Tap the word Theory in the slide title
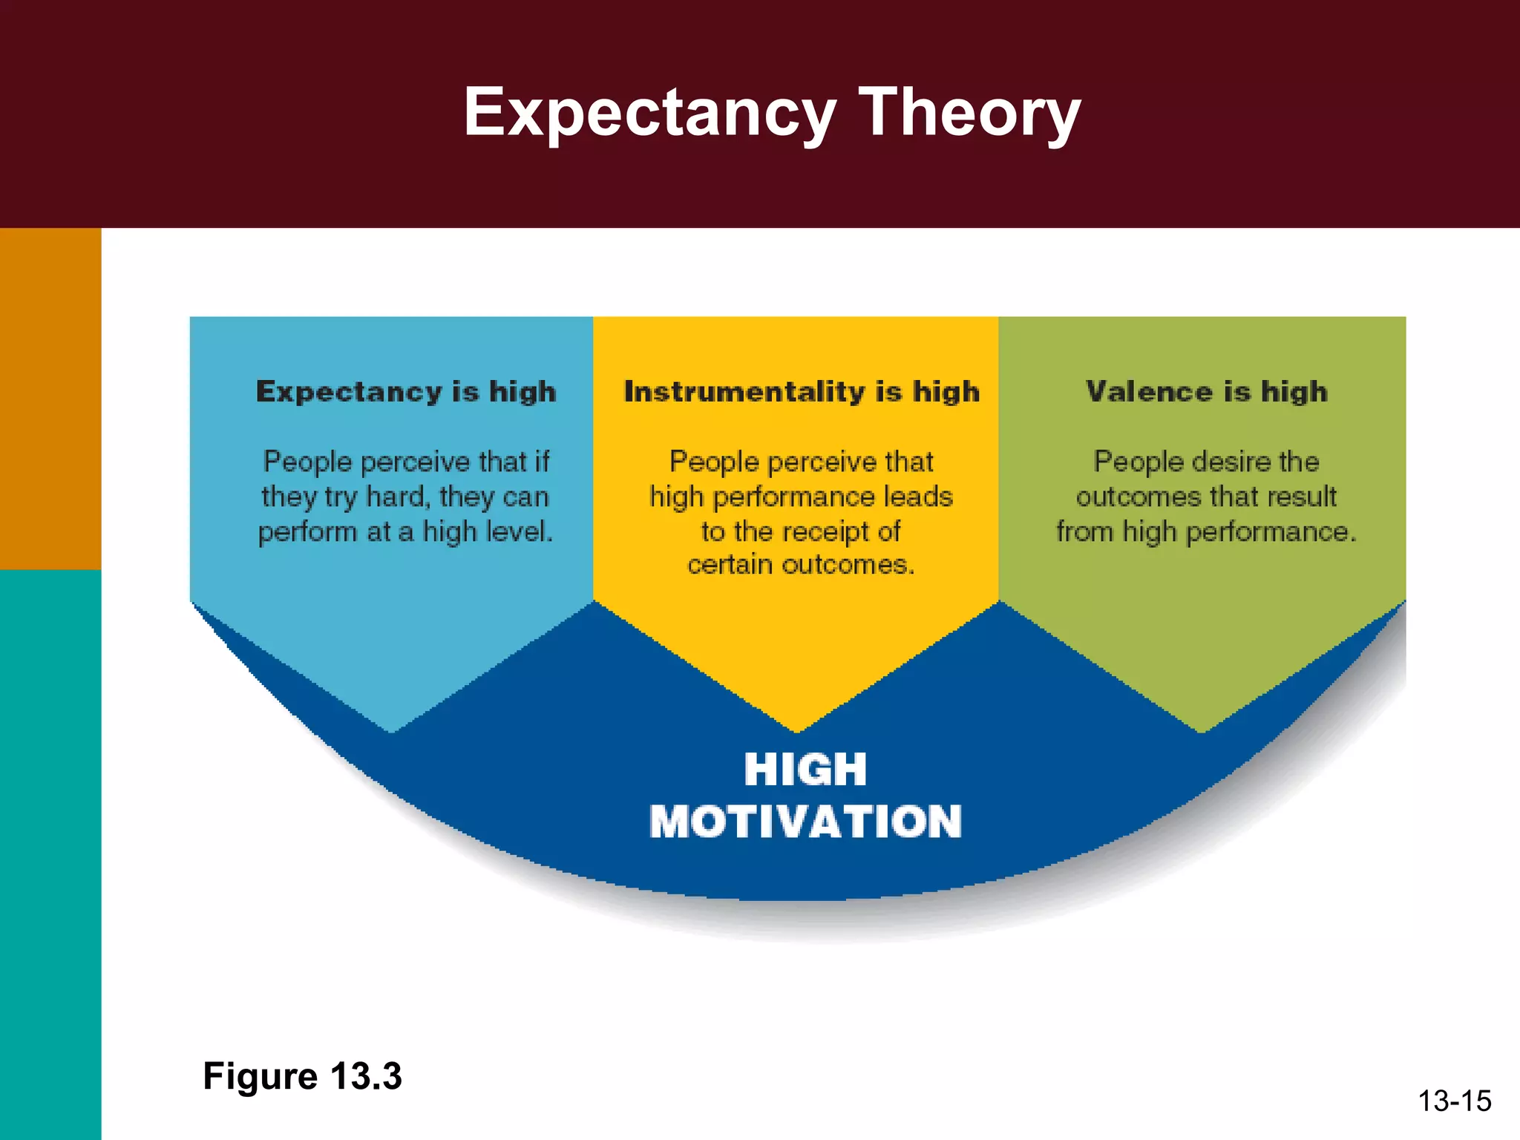tap(969, 113)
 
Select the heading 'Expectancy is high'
tap(406, 391)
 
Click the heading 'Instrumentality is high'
tap(802, 391)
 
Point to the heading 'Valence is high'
tap(1206, 391)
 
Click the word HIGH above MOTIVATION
tap(805, 769)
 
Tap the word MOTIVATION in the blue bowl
tap(805, 822)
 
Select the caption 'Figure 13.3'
tap(302, 1075)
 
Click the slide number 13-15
tap(1454, 1101)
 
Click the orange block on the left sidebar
tap(50, 399)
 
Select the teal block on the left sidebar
tap(50, 854)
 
